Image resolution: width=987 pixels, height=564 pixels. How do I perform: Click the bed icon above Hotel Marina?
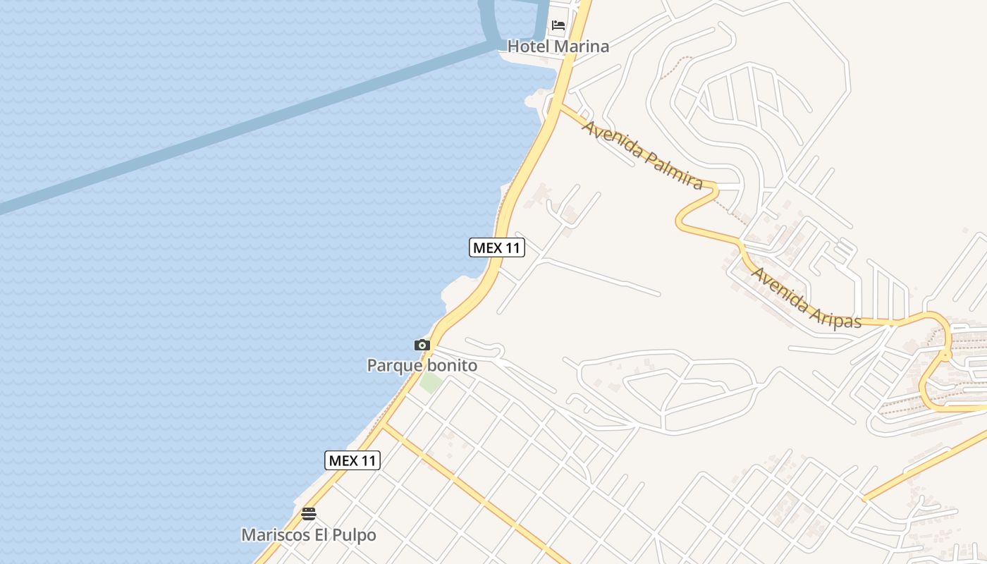point(558,25)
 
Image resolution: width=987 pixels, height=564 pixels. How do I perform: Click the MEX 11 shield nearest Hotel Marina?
point(497,247)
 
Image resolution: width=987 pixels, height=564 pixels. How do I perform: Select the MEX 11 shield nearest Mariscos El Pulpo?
point(352,460)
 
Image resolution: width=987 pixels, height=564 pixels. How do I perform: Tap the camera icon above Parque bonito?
point(422,345)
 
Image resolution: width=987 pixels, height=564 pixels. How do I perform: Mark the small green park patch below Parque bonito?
point(431,383)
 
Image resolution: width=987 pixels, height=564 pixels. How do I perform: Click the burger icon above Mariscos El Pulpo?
point(308,514)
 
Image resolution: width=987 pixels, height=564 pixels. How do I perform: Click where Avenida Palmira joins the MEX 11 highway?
point(560,108)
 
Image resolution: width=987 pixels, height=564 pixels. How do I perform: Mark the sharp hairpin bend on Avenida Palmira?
point(713,188)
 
